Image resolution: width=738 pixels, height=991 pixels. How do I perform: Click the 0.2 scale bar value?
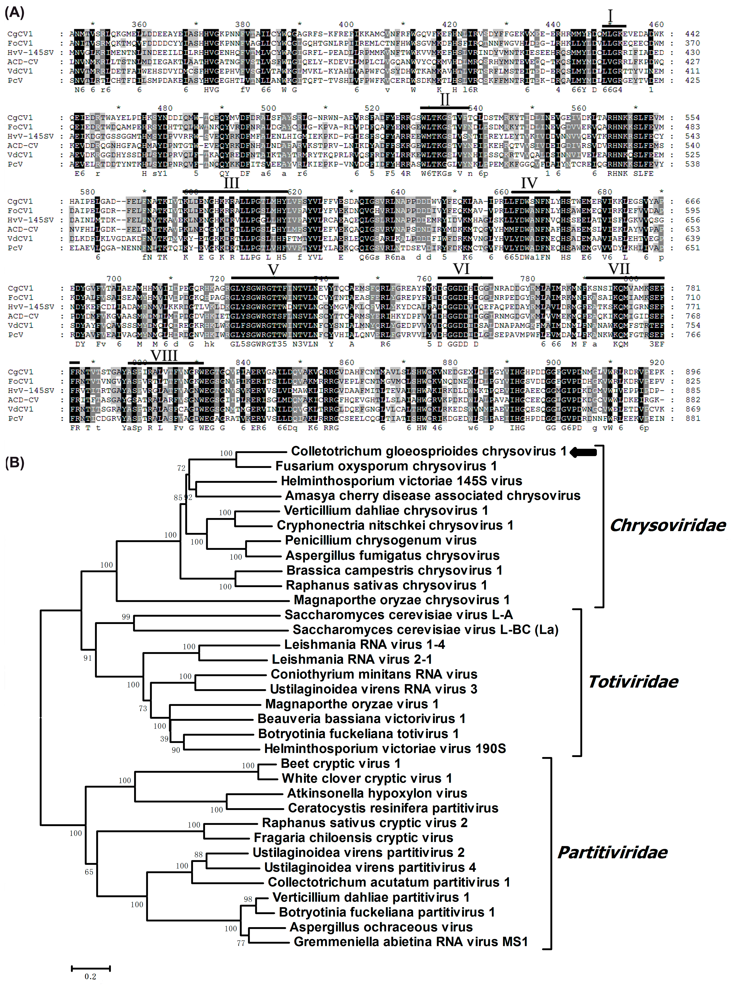tap(90, 976)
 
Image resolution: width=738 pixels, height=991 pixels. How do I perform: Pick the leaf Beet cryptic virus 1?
tap(340, 763)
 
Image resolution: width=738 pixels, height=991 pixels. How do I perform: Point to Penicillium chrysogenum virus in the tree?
tap(381, 540)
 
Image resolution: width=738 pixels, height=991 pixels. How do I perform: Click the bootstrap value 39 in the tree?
tap(164, 739)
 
